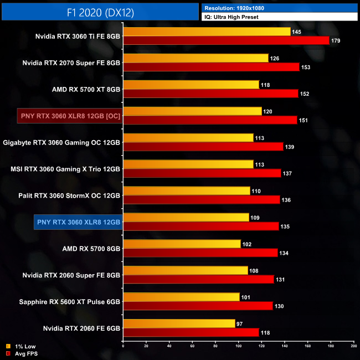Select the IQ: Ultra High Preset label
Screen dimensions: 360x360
pyautogui.click(x=231, y=17)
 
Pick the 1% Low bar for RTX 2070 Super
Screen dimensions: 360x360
pyautogui.click(x=196, y=58)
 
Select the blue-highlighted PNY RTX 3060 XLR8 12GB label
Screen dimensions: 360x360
pyautogui.click(x=78, y=222)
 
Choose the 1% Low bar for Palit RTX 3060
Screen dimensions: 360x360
pyautogui.click(x=187, y=191)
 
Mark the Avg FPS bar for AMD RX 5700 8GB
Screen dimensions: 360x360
pyautogui.click(x=200, y=253)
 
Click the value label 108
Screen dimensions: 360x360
pyautogui.click(x=254, y=271)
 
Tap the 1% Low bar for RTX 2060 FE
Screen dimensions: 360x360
pyautogui.click(x=179, y=323)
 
